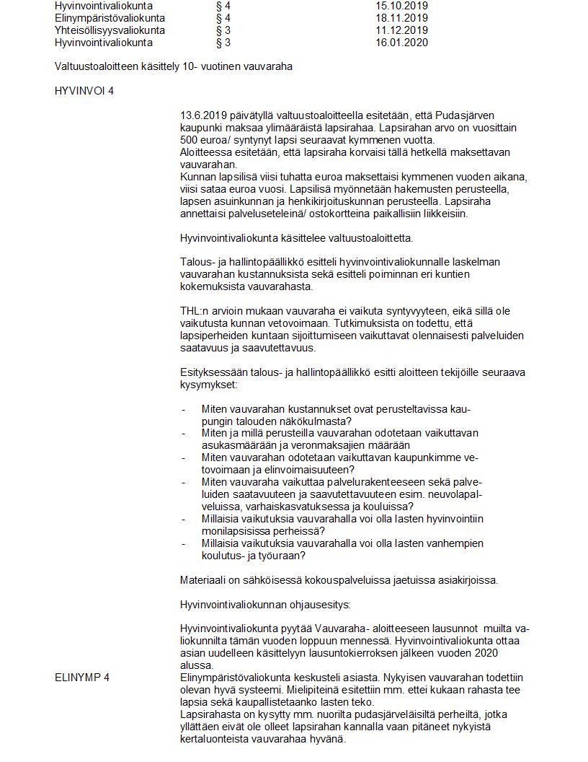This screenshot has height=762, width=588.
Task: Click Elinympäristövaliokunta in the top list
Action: click(x=110, y=18)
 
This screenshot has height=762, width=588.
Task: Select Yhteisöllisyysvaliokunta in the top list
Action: click(x=110, y=30)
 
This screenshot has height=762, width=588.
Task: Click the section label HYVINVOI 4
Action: click(x=84, y=92)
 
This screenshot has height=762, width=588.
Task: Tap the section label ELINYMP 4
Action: click(x=82, y=677)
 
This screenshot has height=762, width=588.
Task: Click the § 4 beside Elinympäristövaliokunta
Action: click(x=223, y=18)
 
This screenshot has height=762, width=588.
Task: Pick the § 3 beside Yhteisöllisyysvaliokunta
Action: click(x=223, y=30)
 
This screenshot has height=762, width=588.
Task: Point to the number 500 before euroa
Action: click(x=190, y=139)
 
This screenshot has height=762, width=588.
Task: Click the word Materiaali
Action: click(x=205, y=579)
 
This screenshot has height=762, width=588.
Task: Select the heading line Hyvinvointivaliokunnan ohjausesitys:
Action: click(x=264, y=603)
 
